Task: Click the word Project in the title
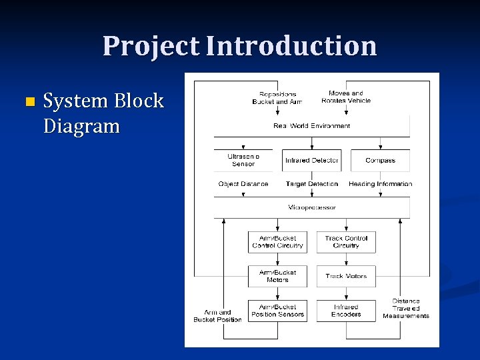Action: point(151,46)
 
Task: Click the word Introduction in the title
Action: point(291,46)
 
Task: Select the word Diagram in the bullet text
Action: point(81,126)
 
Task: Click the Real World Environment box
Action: point(311,126)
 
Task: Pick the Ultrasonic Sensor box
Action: point(243,160)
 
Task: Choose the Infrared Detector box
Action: point(311,160)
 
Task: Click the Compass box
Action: point(380,160)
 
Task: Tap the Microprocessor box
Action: point(311,207)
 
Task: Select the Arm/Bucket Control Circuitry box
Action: point(277,242)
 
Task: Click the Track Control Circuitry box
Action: point(346,242)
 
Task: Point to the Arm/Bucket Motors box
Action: point(277,276)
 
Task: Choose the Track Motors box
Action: point(346,276)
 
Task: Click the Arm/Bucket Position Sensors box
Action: point(277,311)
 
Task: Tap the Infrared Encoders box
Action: point(346,311)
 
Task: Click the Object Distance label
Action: point(243,184)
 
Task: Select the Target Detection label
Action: point(311,184)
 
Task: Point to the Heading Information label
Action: point(380,184)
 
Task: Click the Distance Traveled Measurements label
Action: point(406,309)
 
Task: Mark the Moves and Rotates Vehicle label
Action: point(346,97)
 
